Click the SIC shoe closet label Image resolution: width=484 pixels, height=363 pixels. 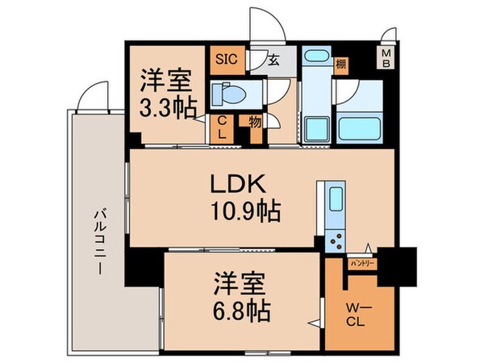pos(224,59)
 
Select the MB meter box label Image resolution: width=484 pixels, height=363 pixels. pos(387,58)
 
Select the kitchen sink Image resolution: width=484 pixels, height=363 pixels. pos(333,202)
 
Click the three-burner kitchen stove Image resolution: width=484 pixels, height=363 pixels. pos(333,238)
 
